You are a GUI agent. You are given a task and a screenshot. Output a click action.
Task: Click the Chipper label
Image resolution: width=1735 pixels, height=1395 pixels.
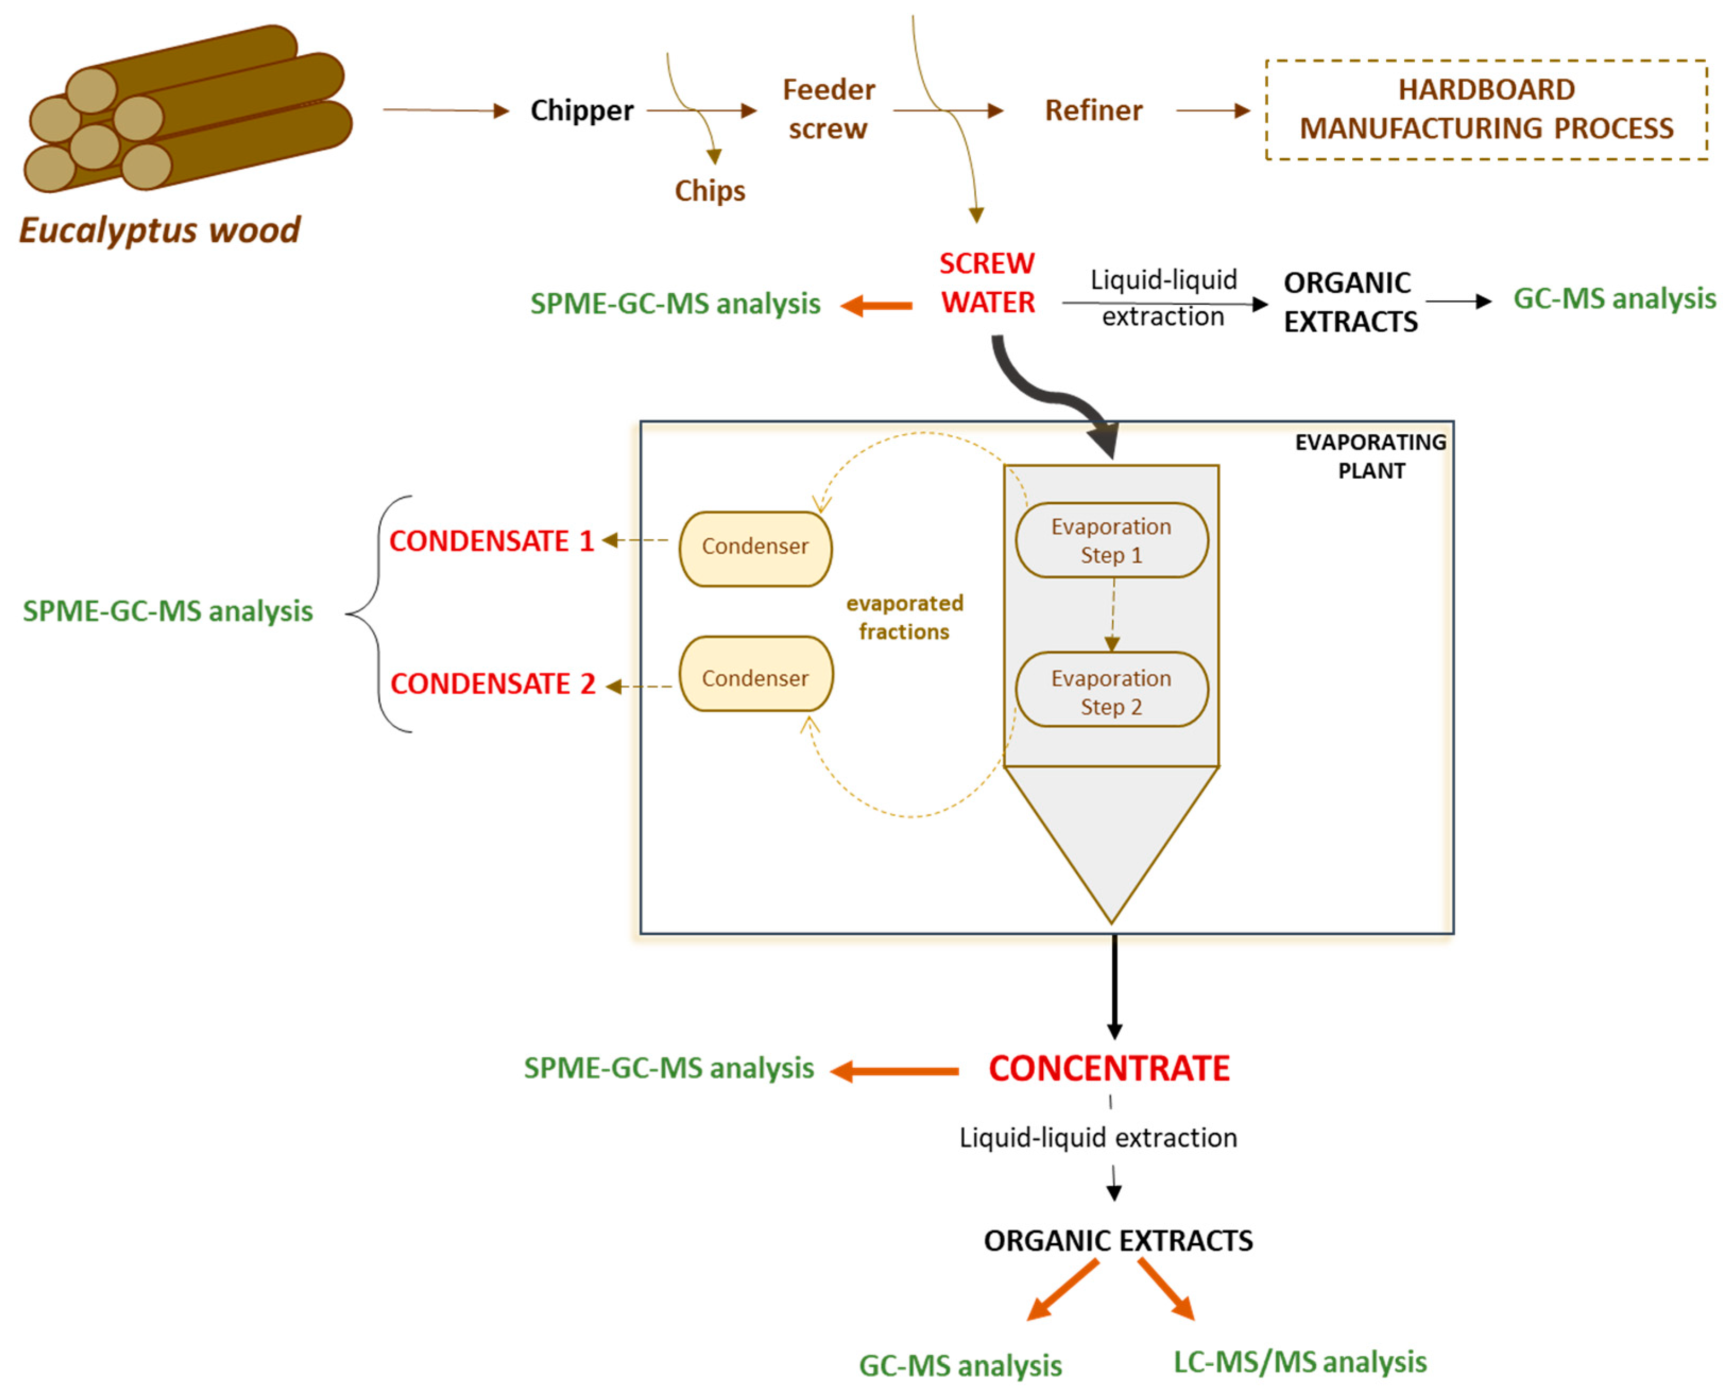[x=581, y=110]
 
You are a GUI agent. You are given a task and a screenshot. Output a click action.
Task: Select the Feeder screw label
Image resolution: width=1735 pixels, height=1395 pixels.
[x=828, y=109]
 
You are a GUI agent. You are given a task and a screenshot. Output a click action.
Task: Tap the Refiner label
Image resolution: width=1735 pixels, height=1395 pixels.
[x=1093, y=110]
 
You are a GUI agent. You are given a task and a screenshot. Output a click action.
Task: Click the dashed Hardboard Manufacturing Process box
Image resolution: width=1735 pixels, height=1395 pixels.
[x=1485, y=109]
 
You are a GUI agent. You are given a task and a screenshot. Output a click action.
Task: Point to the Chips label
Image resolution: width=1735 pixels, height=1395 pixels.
[x=709, y=191]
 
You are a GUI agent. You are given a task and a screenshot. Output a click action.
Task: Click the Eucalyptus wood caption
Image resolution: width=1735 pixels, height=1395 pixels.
[x=159, y=230]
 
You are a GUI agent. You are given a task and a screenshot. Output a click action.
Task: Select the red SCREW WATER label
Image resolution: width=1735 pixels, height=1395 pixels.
[x=987, y=282]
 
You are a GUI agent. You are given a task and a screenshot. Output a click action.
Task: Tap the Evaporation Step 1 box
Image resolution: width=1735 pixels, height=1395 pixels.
[x=1111, y=540]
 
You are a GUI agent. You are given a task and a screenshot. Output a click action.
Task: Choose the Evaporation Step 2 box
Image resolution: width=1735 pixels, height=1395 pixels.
[x=1111, y=691]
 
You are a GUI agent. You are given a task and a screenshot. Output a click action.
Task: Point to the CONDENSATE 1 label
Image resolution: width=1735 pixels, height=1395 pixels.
[x=491, y=540]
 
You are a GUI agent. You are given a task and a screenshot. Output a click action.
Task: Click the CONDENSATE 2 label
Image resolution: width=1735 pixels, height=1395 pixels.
[x=493, y=684]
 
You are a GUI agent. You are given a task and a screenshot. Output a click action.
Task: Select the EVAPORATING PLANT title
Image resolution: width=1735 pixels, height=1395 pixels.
[x=1370, y=456]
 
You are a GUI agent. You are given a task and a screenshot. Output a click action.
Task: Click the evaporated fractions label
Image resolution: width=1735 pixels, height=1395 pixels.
[x=905, y=617]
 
